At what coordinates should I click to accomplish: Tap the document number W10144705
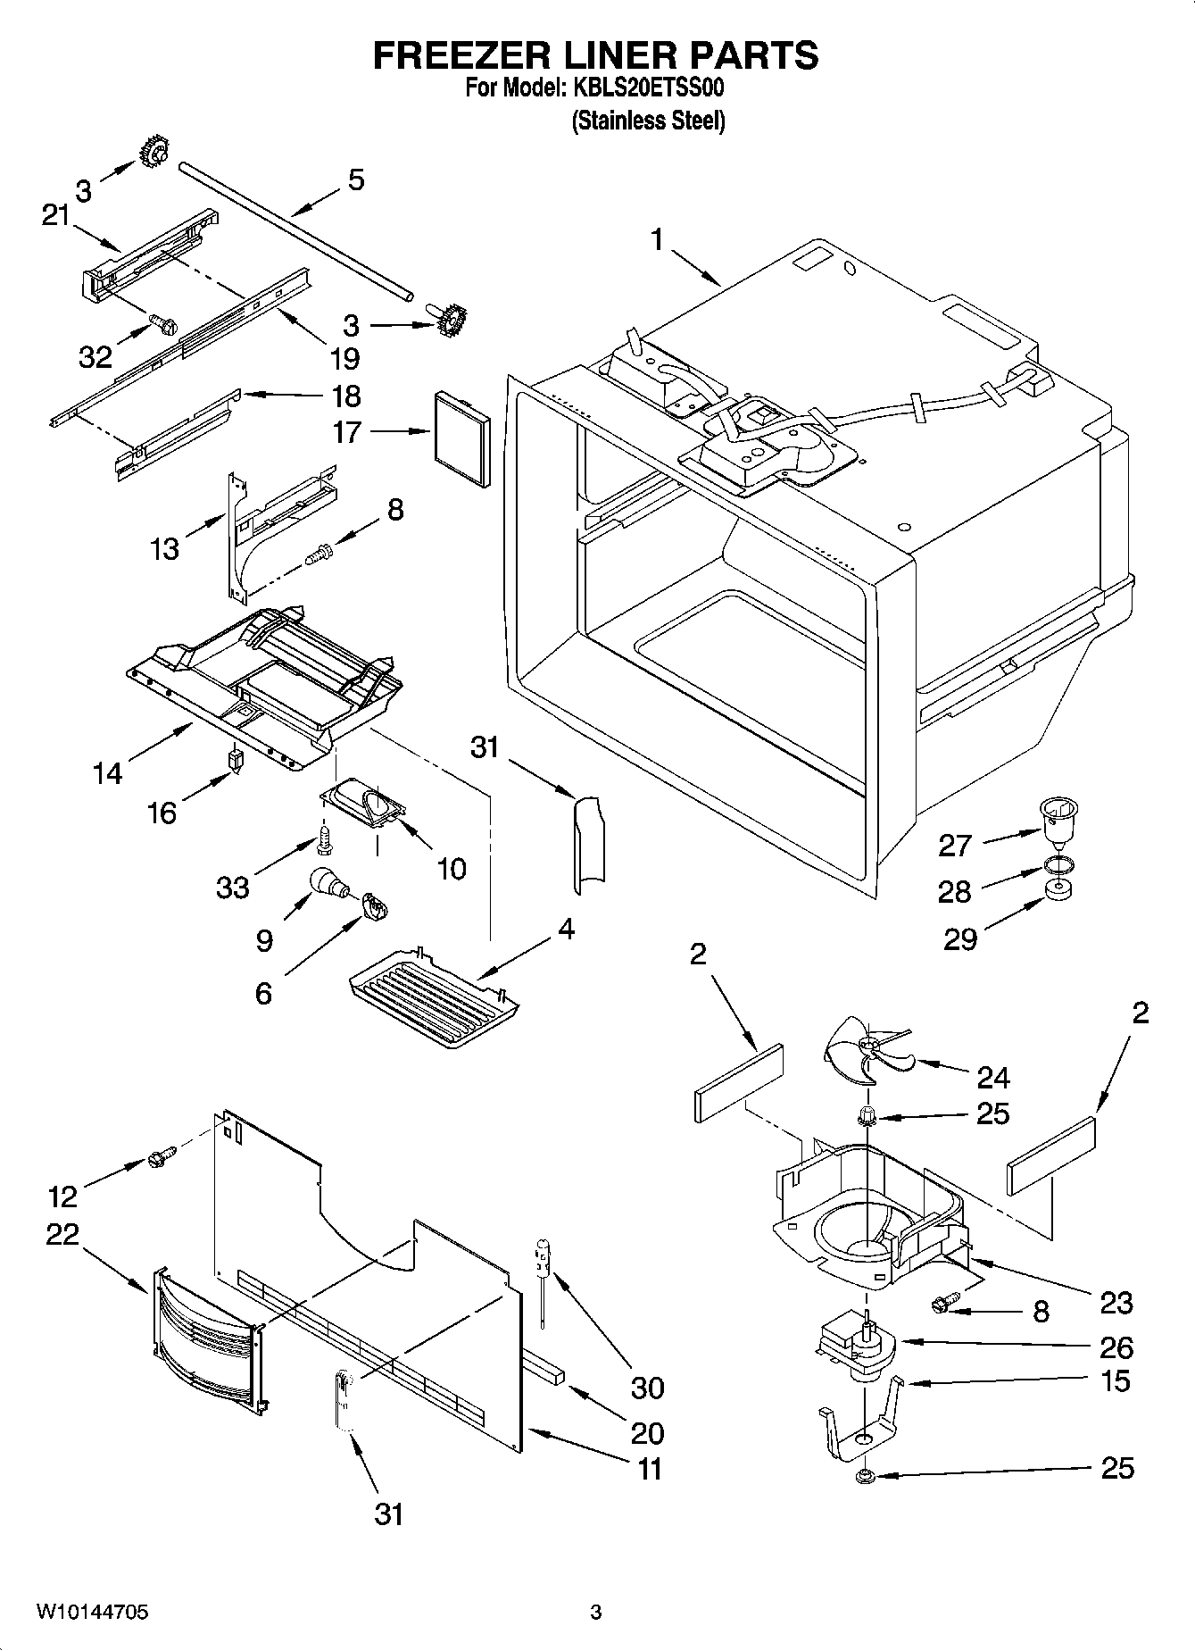click(92, 1612)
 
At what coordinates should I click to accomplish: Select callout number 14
click(107, 772)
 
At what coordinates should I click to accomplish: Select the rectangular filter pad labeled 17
click(461, 438)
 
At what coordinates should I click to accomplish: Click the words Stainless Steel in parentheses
click(648, 121)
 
